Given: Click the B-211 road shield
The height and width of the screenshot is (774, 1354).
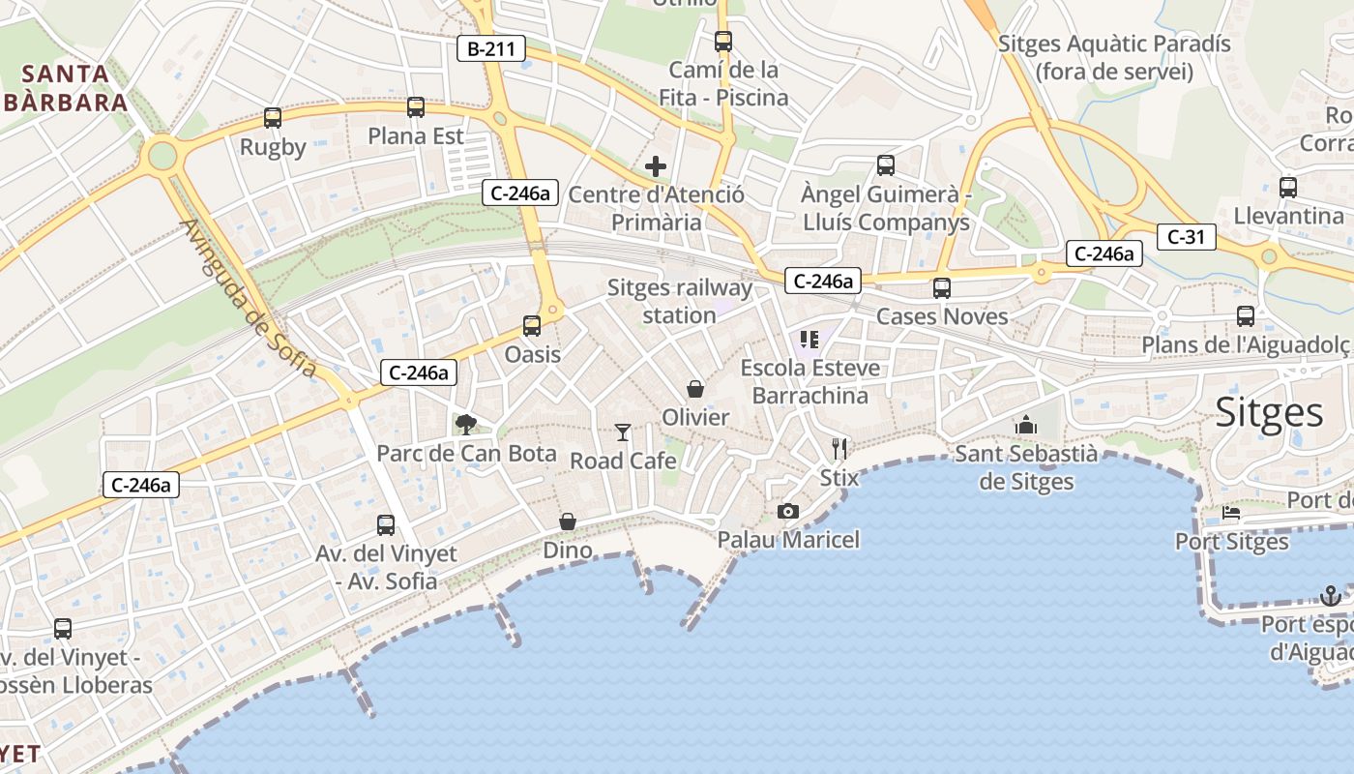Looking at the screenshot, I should (491, 48).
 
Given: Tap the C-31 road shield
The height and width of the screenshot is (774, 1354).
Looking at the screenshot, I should (1186, 236).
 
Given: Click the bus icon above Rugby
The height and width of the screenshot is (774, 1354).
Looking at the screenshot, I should (273, 119).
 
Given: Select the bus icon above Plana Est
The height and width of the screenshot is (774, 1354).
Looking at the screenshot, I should (416, 107).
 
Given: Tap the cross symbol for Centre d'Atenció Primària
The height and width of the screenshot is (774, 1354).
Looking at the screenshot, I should (656, 166).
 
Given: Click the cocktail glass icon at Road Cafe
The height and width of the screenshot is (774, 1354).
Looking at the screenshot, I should (623, 432).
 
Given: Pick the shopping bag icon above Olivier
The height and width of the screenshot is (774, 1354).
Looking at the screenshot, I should (695, 389).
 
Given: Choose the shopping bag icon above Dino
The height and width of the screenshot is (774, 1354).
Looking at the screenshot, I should (568, 521).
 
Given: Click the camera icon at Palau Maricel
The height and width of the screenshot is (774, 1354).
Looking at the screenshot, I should (788, 511).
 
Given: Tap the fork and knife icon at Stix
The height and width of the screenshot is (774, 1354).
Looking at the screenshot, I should (839, 448).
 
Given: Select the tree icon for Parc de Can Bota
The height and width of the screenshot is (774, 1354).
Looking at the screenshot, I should (466, 424).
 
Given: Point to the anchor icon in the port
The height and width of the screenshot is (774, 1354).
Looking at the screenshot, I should (1331, 595).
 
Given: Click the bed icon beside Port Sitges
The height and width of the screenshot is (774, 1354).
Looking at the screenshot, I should (1231, 513).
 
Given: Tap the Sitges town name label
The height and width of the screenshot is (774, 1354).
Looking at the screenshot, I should (1269, 412).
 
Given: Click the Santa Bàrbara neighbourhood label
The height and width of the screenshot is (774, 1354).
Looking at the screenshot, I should (65, 88).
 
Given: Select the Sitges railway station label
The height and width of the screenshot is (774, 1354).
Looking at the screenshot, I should (679, 301).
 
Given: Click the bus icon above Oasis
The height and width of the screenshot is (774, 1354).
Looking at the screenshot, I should (532, 326).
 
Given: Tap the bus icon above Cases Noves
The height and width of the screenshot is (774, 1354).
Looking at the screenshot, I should (942, 288).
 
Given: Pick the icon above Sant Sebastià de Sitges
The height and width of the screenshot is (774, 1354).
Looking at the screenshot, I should (1026, 425).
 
